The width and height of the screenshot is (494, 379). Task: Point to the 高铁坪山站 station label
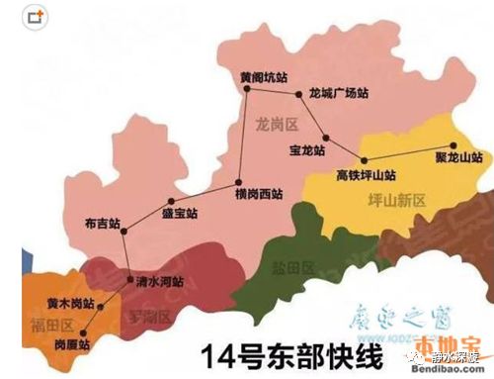click(x=365, y=174)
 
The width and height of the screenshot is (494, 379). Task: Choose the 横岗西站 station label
click(x=260, y=194)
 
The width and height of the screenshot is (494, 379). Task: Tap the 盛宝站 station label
click(x=179, y=213)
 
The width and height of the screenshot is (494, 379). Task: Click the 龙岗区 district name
click(x=276, y=125)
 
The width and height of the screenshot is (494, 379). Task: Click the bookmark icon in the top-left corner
click(x=36, y=17)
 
